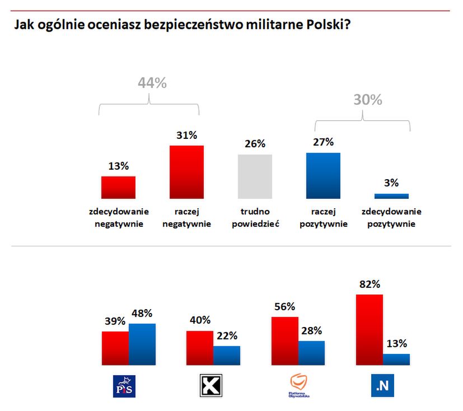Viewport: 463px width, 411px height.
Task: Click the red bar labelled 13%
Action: coord(118,187)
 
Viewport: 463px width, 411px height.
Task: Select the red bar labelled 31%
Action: coord(186,172)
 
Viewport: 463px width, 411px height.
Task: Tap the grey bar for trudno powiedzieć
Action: coord(255,176)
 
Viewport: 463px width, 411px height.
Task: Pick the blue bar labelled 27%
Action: coord(323,175)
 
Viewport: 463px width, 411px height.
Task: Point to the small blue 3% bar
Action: coord(391,196)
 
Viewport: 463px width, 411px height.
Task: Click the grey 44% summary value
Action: coord(152,83)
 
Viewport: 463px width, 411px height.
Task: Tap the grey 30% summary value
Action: coord(367,100)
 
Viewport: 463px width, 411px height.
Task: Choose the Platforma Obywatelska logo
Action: coord(299,386)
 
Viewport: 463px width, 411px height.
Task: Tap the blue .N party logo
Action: coord(384,386)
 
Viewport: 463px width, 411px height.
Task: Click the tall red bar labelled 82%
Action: coord(370,330)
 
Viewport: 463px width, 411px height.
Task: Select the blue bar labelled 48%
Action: coord(142,344)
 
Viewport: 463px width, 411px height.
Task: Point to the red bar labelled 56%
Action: coord(284,341)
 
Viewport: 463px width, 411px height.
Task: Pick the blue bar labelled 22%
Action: coord(227,356)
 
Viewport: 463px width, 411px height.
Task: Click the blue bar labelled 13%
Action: coord(396,359)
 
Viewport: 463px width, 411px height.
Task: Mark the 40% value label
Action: coord(199,320)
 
